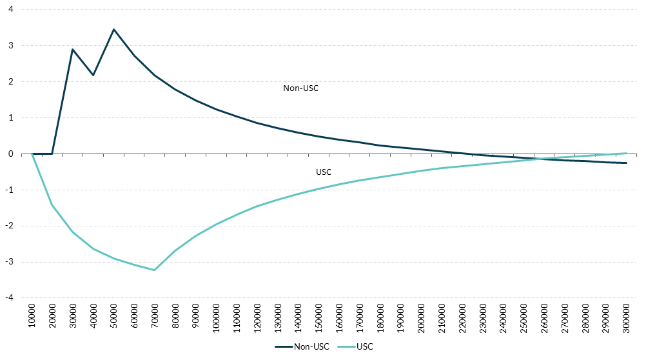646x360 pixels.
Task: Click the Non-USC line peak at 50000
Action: click(113, 29)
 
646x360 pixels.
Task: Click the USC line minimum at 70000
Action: click(155, 270)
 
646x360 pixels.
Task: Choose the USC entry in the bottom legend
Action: click(364, 346)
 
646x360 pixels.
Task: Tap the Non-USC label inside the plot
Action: click(301, 88)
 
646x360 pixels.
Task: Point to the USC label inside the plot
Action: click(324, 172)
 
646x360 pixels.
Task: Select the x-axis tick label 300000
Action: click(625, 317)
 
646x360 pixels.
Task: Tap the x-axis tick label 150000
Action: click(318, 317)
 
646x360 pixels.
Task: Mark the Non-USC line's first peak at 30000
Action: click(73, 49)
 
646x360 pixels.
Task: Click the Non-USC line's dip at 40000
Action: click(93, 75)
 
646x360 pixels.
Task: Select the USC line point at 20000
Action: click(52, 205)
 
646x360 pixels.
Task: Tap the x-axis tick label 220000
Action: click(461, 317)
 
